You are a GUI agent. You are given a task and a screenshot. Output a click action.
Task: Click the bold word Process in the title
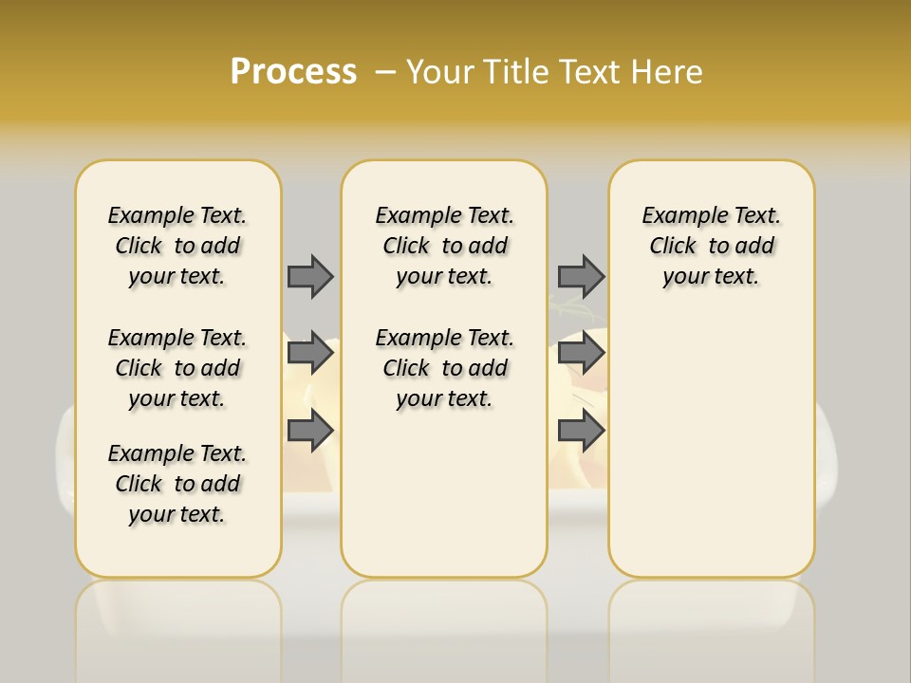pos(293,72)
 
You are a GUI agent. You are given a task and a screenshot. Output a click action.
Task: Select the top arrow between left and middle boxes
pos(310,276)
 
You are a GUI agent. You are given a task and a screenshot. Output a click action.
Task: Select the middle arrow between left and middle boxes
pos(310,353)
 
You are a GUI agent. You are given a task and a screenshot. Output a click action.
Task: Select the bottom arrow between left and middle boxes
pos(310,431)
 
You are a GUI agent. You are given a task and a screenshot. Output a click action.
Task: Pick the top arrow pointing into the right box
pos(581,276)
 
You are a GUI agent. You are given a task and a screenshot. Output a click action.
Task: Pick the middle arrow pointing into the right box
pos(581,353)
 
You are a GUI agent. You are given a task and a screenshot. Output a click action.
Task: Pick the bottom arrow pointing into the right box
pos(581,431)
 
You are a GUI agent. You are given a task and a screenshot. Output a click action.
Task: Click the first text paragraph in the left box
pos(177,246)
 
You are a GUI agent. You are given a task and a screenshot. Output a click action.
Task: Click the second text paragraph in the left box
pos(177,368)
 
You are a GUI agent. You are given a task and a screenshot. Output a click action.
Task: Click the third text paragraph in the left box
pos(177,484)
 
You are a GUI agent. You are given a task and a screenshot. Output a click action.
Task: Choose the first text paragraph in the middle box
pos(444,246)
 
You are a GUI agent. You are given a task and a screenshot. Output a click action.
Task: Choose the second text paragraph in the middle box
pos(444,368)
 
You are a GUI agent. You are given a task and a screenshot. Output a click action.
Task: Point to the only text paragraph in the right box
pos(711,246)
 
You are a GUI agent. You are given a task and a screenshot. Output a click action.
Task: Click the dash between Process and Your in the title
pos(385,72)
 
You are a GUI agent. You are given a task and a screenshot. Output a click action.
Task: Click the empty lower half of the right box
pos(711,455)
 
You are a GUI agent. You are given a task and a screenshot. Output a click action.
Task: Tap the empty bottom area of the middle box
pos(444,503)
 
